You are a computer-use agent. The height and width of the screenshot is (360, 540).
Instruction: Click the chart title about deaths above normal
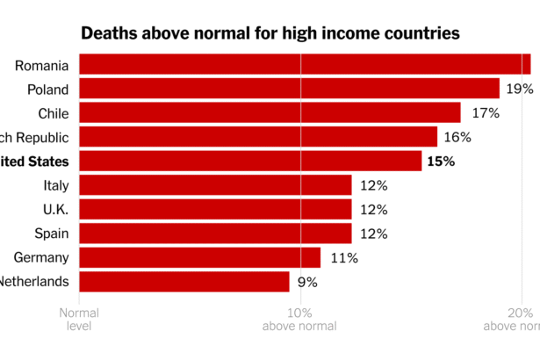pos(270,34)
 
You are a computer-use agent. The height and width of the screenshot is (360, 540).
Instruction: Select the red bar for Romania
pos(305,64)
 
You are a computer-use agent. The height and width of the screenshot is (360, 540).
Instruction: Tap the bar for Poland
pos(289,89)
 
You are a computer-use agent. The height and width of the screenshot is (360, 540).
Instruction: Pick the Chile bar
pos(270,112)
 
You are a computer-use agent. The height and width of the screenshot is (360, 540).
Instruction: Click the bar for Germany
pos(200,257)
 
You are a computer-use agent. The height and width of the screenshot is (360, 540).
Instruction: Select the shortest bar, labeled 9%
pos(184,282)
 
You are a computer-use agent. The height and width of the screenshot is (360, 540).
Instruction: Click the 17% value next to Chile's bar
pos(485,112)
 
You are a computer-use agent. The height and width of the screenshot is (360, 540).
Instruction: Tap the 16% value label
pos(457,137)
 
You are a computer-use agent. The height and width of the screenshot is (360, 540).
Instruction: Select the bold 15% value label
pos(441,162)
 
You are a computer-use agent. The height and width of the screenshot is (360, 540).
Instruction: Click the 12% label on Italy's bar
pos(373,185)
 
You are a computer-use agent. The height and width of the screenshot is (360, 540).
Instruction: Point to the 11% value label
pos(342,258)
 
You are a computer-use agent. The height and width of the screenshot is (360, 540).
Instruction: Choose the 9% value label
pos(307,282)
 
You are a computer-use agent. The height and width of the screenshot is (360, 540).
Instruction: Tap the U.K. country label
pos(54,210)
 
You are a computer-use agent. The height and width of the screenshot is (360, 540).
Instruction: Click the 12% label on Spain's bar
pos(373,234)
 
